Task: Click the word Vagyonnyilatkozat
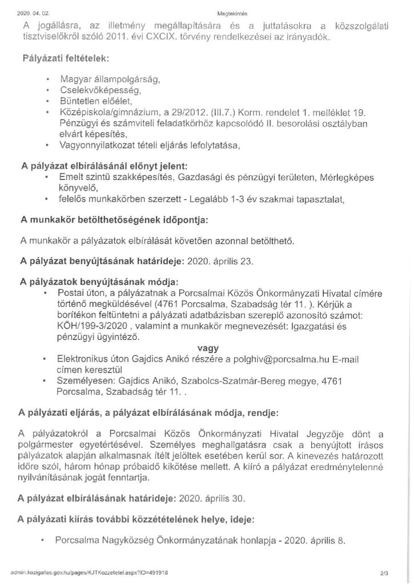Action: (95, 145)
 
